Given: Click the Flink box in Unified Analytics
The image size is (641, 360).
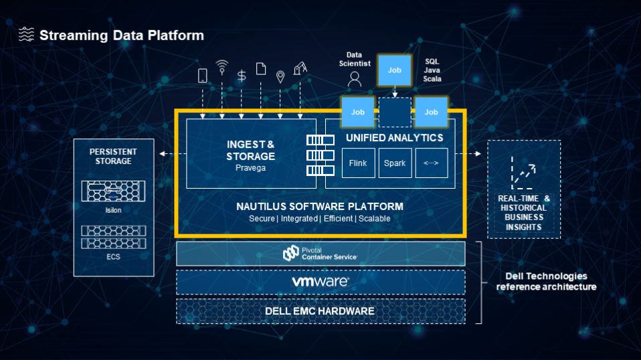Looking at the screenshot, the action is pos(358,163).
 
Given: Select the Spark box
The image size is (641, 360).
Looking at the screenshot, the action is pos(395,163).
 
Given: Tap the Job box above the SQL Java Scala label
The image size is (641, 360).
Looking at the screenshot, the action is pos(395,70).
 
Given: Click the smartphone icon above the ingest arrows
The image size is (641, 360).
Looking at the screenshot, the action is pos(202,76).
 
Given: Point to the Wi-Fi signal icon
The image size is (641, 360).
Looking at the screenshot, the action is pos(222,68).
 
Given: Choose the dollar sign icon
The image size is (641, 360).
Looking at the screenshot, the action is pos(242,76).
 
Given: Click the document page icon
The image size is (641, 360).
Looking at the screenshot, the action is pos(261,69).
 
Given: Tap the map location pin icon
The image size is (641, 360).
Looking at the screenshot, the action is pos(280,76).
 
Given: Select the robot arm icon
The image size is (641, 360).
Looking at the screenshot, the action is pos(300,68).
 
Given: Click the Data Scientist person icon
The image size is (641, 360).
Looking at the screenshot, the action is pos(355,79).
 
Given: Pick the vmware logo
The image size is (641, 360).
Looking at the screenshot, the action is pos(320,282).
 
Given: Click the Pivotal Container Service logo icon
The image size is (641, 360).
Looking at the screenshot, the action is pos(290,253).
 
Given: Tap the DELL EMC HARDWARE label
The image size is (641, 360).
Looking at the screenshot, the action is pos(320,311).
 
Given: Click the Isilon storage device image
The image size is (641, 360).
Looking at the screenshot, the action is pos(113,191).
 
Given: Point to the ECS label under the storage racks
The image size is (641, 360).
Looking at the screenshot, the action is pos(113,257).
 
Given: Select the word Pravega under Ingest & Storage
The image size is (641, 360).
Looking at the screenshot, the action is pos(251,168).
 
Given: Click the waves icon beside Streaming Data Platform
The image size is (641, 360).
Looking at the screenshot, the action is pos(26,34).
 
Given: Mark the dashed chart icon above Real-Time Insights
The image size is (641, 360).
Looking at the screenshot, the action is pos(523,173).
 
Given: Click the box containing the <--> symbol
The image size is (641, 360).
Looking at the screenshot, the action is pos(432,163).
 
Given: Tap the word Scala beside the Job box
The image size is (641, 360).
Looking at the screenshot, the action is pos(432,79).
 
